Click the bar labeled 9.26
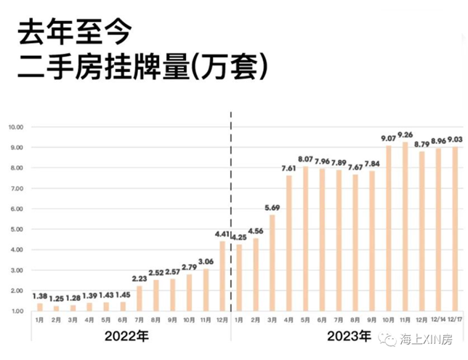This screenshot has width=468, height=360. pyautogui.click(x=406, y=226)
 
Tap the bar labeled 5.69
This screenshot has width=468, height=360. pyautogui.click(x=273, y=263)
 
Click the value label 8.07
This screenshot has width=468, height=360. pyautogui.click(x=305, y=159)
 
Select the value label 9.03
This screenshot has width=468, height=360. pyautogui.click(x=455, y=139)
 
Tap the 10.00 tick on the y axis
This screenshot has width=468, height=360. pyautogui.click(x=16, y=127)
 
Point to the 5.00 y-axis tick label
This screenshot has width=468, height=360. pyautogui.click(x=16, y=229)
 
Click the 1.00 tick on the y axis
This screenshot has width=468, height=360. pyautogui.click(x=16, y=311)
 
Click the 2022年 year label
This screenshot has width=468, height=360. pyautogui.click(x=128, y=337)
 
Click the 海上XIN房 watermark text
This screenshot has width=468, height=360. pyautogui.click(x=429, y=339)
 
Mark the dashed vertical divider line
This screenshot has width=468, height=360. pyautogui.click(x=230, y=218)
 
